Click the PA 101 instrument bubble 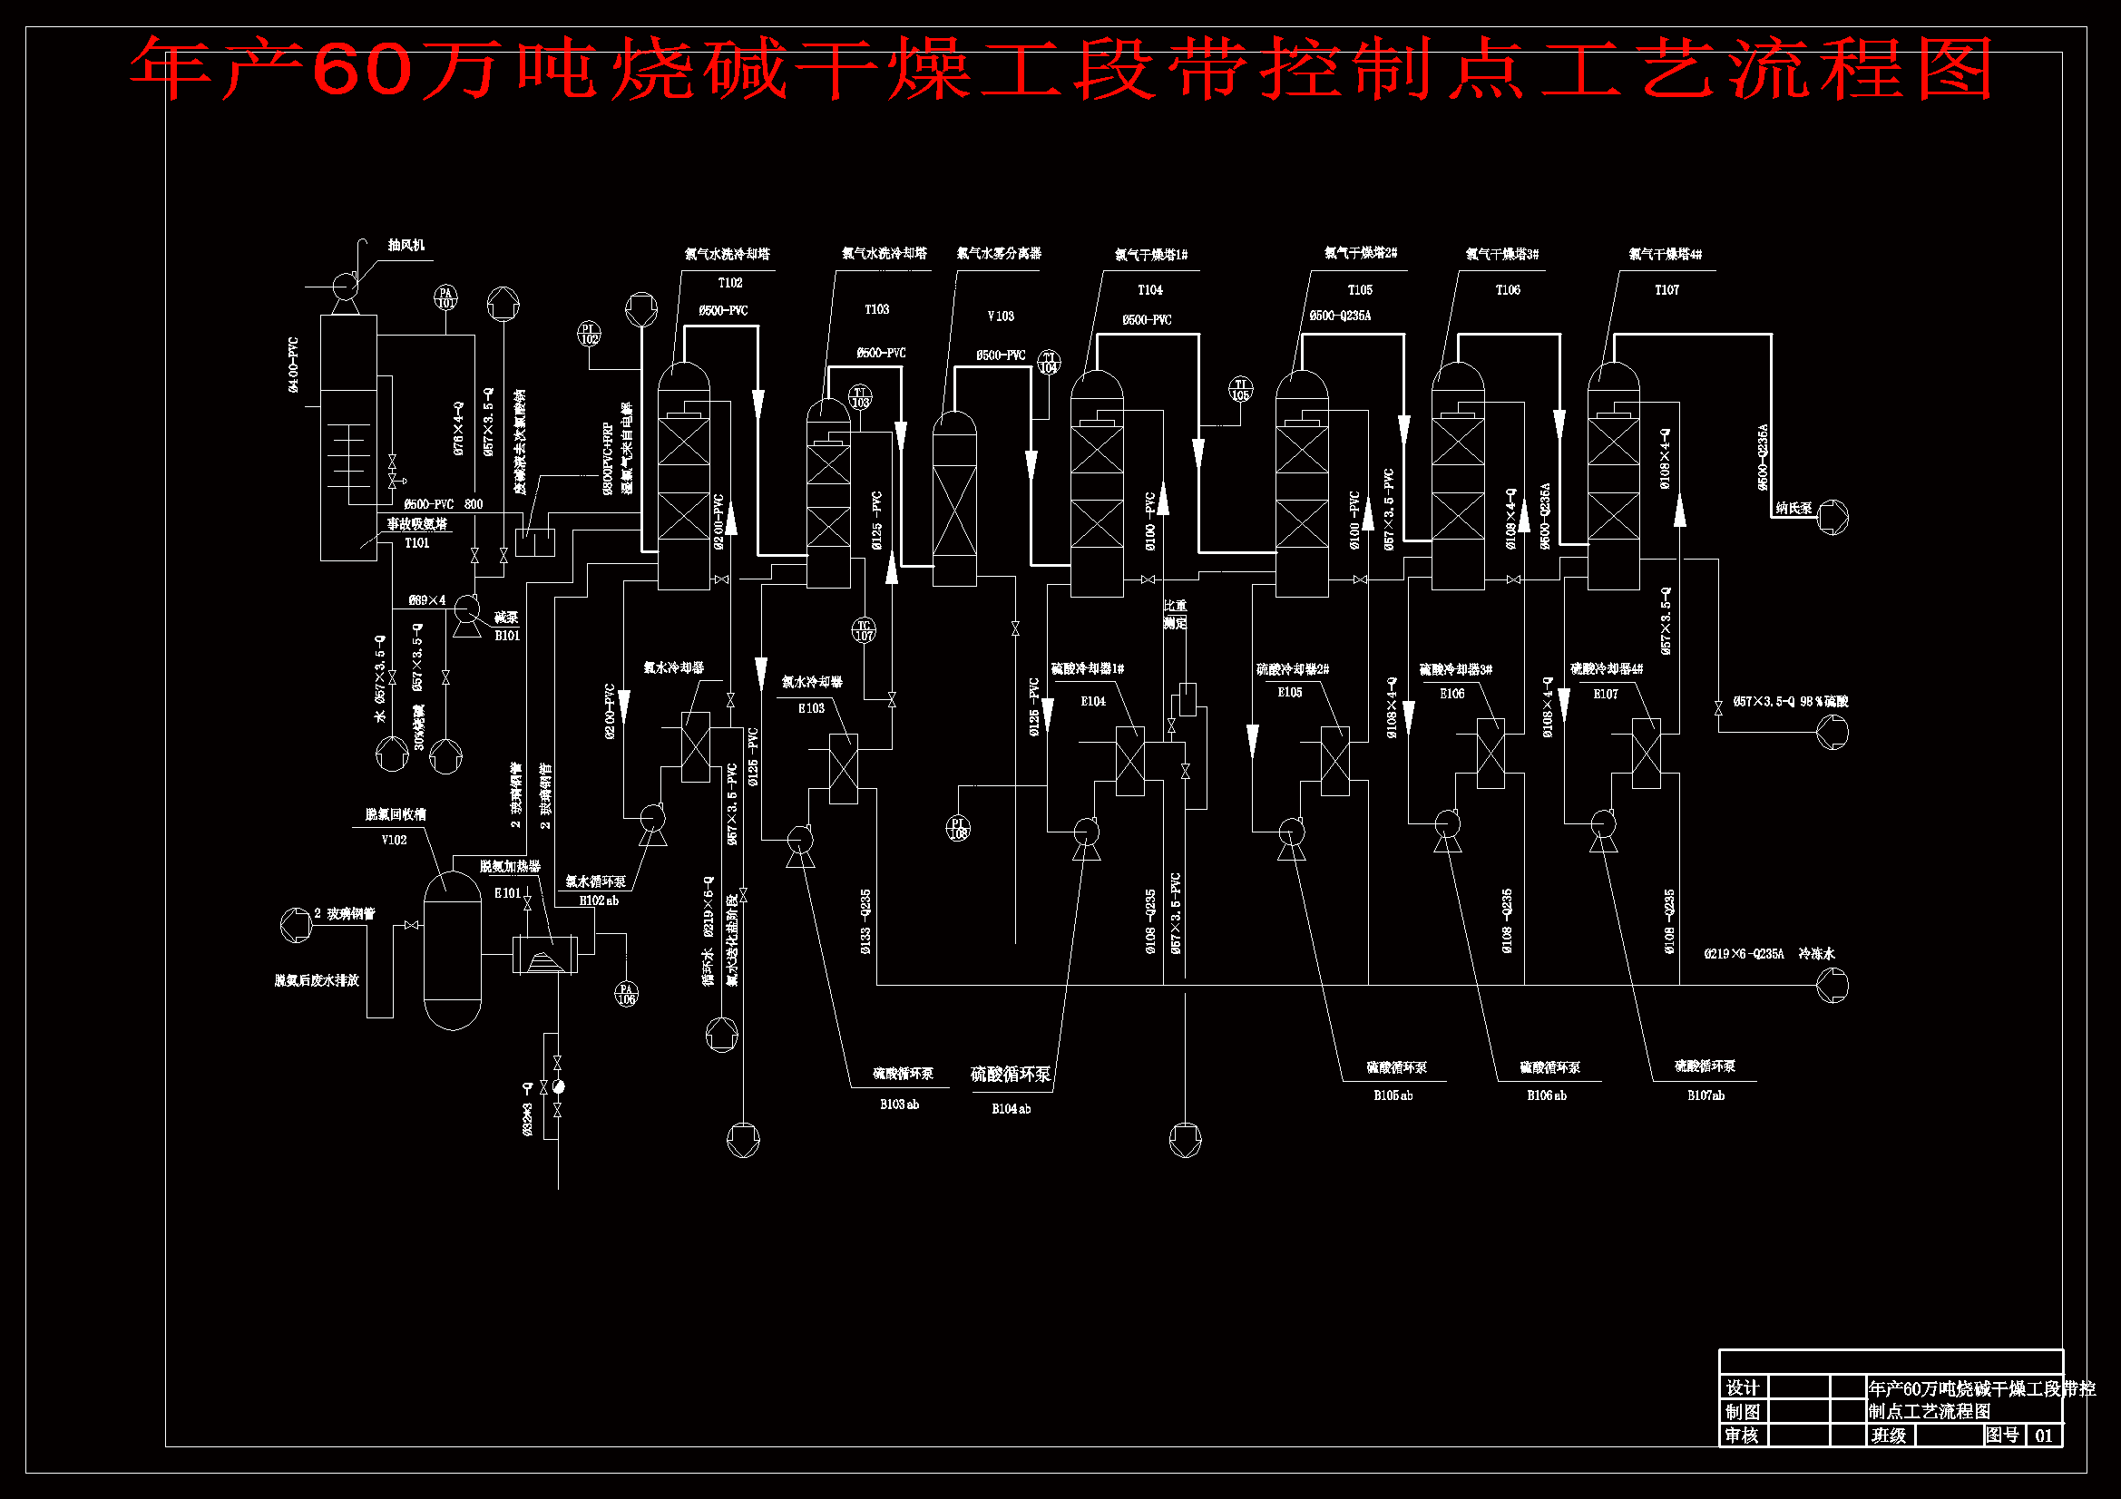tap(446, 297)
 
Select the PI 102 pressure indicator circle tap(590, 334)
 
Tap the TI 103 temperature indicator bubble tap(860, 397)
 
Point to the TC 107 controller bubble tap(864, 630)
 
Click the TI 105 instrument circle tap(1241, 389)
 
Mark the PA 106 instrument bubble tap(626, 994)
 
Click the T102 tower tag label tap(729, 283)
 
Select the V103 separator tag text tap(1001, 316)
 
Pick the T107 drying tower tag tap(1666, 290)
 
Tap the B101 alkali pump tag tap(507, 636)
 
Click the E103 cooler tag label tap(811, 708)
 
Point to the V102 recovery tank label tap(394, 840)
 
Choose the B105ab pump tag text tap(1393, 1095)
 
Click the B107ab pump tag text tap(1706, 1095)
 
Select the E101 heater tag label tap(507, 893)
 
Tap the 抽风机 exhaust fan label tap(406, 245)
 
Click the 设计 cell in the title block tap(1742, 1387)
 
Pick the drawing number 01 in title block tap(2043, 1436)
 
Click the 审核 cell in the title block tap(1742, 1436)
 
